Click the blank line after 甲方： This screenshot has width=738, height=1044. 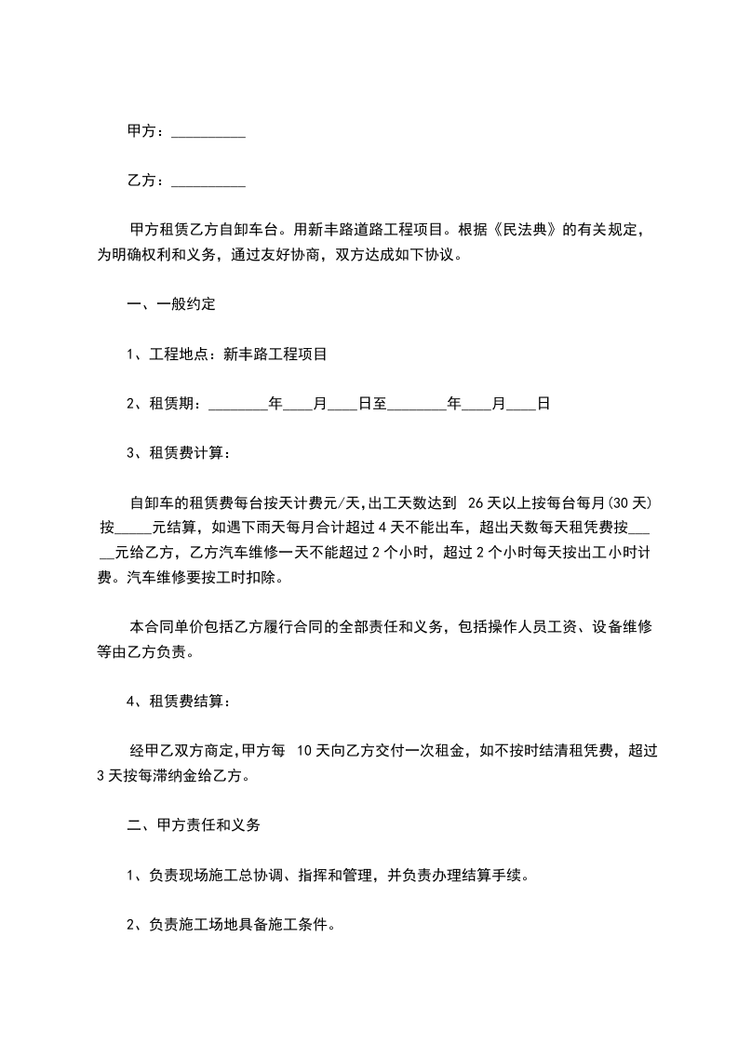click(208, 133)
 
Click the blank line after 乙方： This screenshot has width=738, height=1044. click(208, 181)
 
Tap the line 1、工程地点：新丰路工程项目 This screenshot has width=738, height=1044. click(226, 354)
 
